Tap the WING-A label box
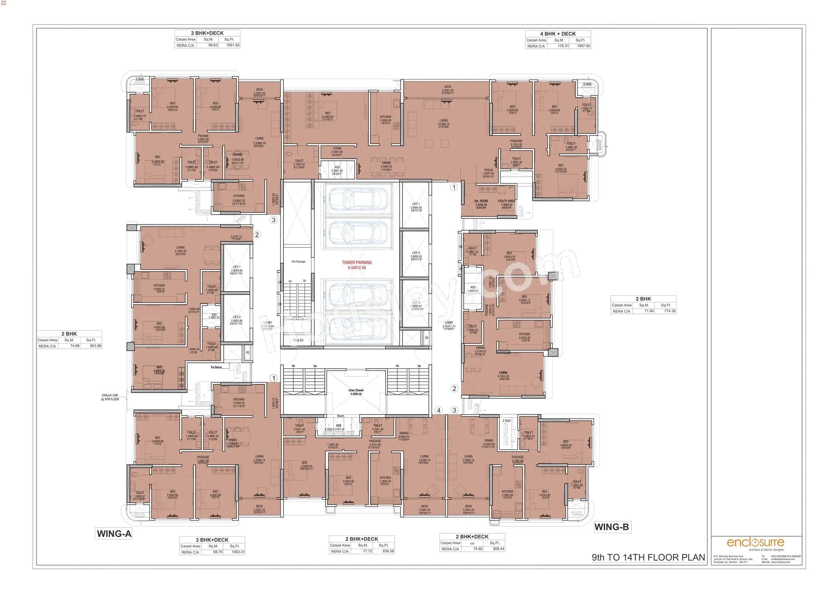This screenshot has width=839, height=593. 114,534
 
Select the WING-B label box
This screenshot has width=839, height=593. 611,527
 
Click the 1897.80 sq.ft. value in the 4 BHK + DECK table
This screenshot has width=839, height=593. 583,46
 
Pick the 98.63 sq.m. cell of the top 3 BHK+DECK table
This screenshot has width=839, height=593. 213,45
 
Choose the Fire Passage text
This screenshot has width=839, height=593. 298,262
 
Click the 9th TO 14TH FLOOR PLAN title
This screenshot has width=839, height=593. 648,557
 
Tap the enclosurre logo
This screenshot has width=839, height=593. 755,542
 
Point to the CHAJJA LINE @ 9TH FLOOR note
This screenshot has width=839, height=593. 110,397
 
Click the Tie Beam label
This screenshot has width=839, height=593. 216,367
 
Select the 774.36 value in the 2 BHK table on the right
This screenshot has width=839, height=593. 669,311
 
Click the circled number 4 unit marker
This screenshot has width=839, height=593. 438,410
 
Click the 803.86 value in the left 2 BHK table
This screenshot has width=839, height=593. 95,346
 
